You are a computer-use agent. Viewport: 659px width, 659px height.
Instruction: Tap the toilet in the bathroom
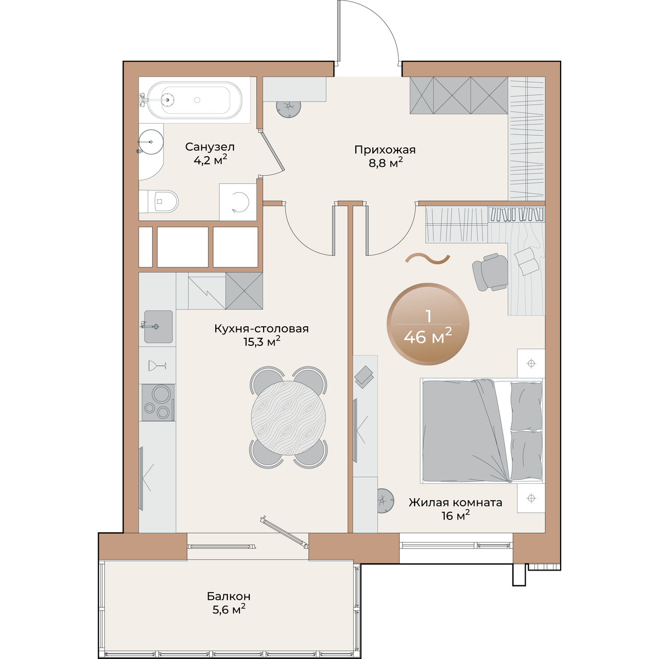[x=159, y=202]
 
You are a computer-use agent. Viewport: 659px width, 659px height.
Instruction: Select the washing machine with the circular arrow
[x=238, y=202]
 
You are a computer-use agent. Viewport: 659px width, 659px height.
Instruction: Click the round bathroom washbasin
[x=151, y=141]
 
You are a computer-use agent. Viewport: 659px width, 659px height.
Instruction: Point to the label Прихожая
[x=385, y=150]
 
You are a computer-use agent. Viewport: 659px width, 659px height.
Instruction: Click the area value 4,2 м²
[x=210, y=160]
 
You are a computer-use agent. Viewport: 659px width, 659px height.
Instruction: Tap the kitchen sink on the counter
[x=158, y=327]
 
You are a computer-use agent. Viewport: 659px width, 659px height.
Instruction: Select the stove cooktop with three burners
[x=158, y=403]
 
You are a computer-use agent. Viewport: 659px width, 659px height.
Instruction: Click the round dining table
[x=288, y=417]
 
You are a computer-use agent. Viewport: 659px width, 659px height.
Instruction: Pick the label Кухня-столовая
[x=261, y=328]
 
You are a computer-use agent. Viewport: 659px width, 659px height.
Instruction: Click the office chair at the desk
[x=490, y=272]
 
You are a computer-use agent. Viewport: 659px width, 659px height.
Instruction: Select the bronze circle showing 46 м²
[x=428, y=324]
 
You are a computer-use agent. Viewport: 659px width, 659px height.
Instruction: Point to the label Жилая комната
[x=455, y=502]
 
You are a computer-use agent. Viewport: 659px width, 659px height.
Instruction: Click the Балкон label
[x=228, y=596]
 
